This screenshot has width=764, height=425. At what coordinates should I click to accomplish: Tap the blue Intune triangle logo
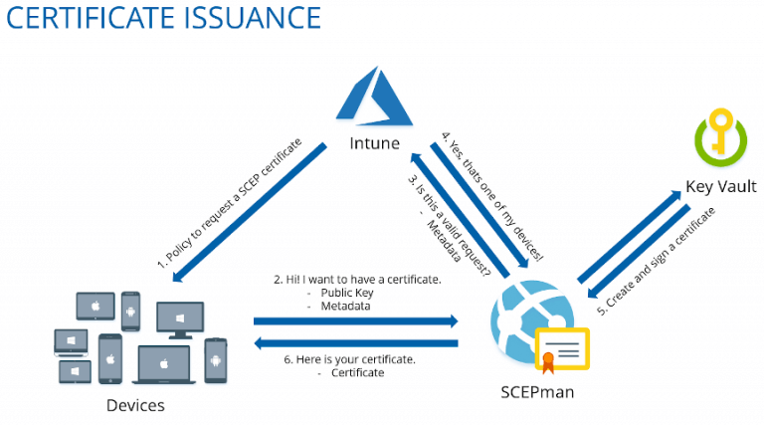click(x=374, y=99)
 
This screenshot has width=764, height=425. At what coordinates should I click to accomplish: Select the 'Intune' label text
click(x=374, y=143)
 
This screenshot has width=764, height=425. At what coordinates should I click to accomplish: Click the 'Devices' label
click(x=135, y=405)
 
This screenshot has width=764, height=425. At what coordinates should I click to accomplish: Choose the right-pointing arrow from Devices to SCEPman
click(x=355, y=321)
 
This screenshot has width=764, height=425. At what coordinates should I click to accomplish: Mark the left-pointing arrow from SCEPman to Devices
click(x=355, y=343)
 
